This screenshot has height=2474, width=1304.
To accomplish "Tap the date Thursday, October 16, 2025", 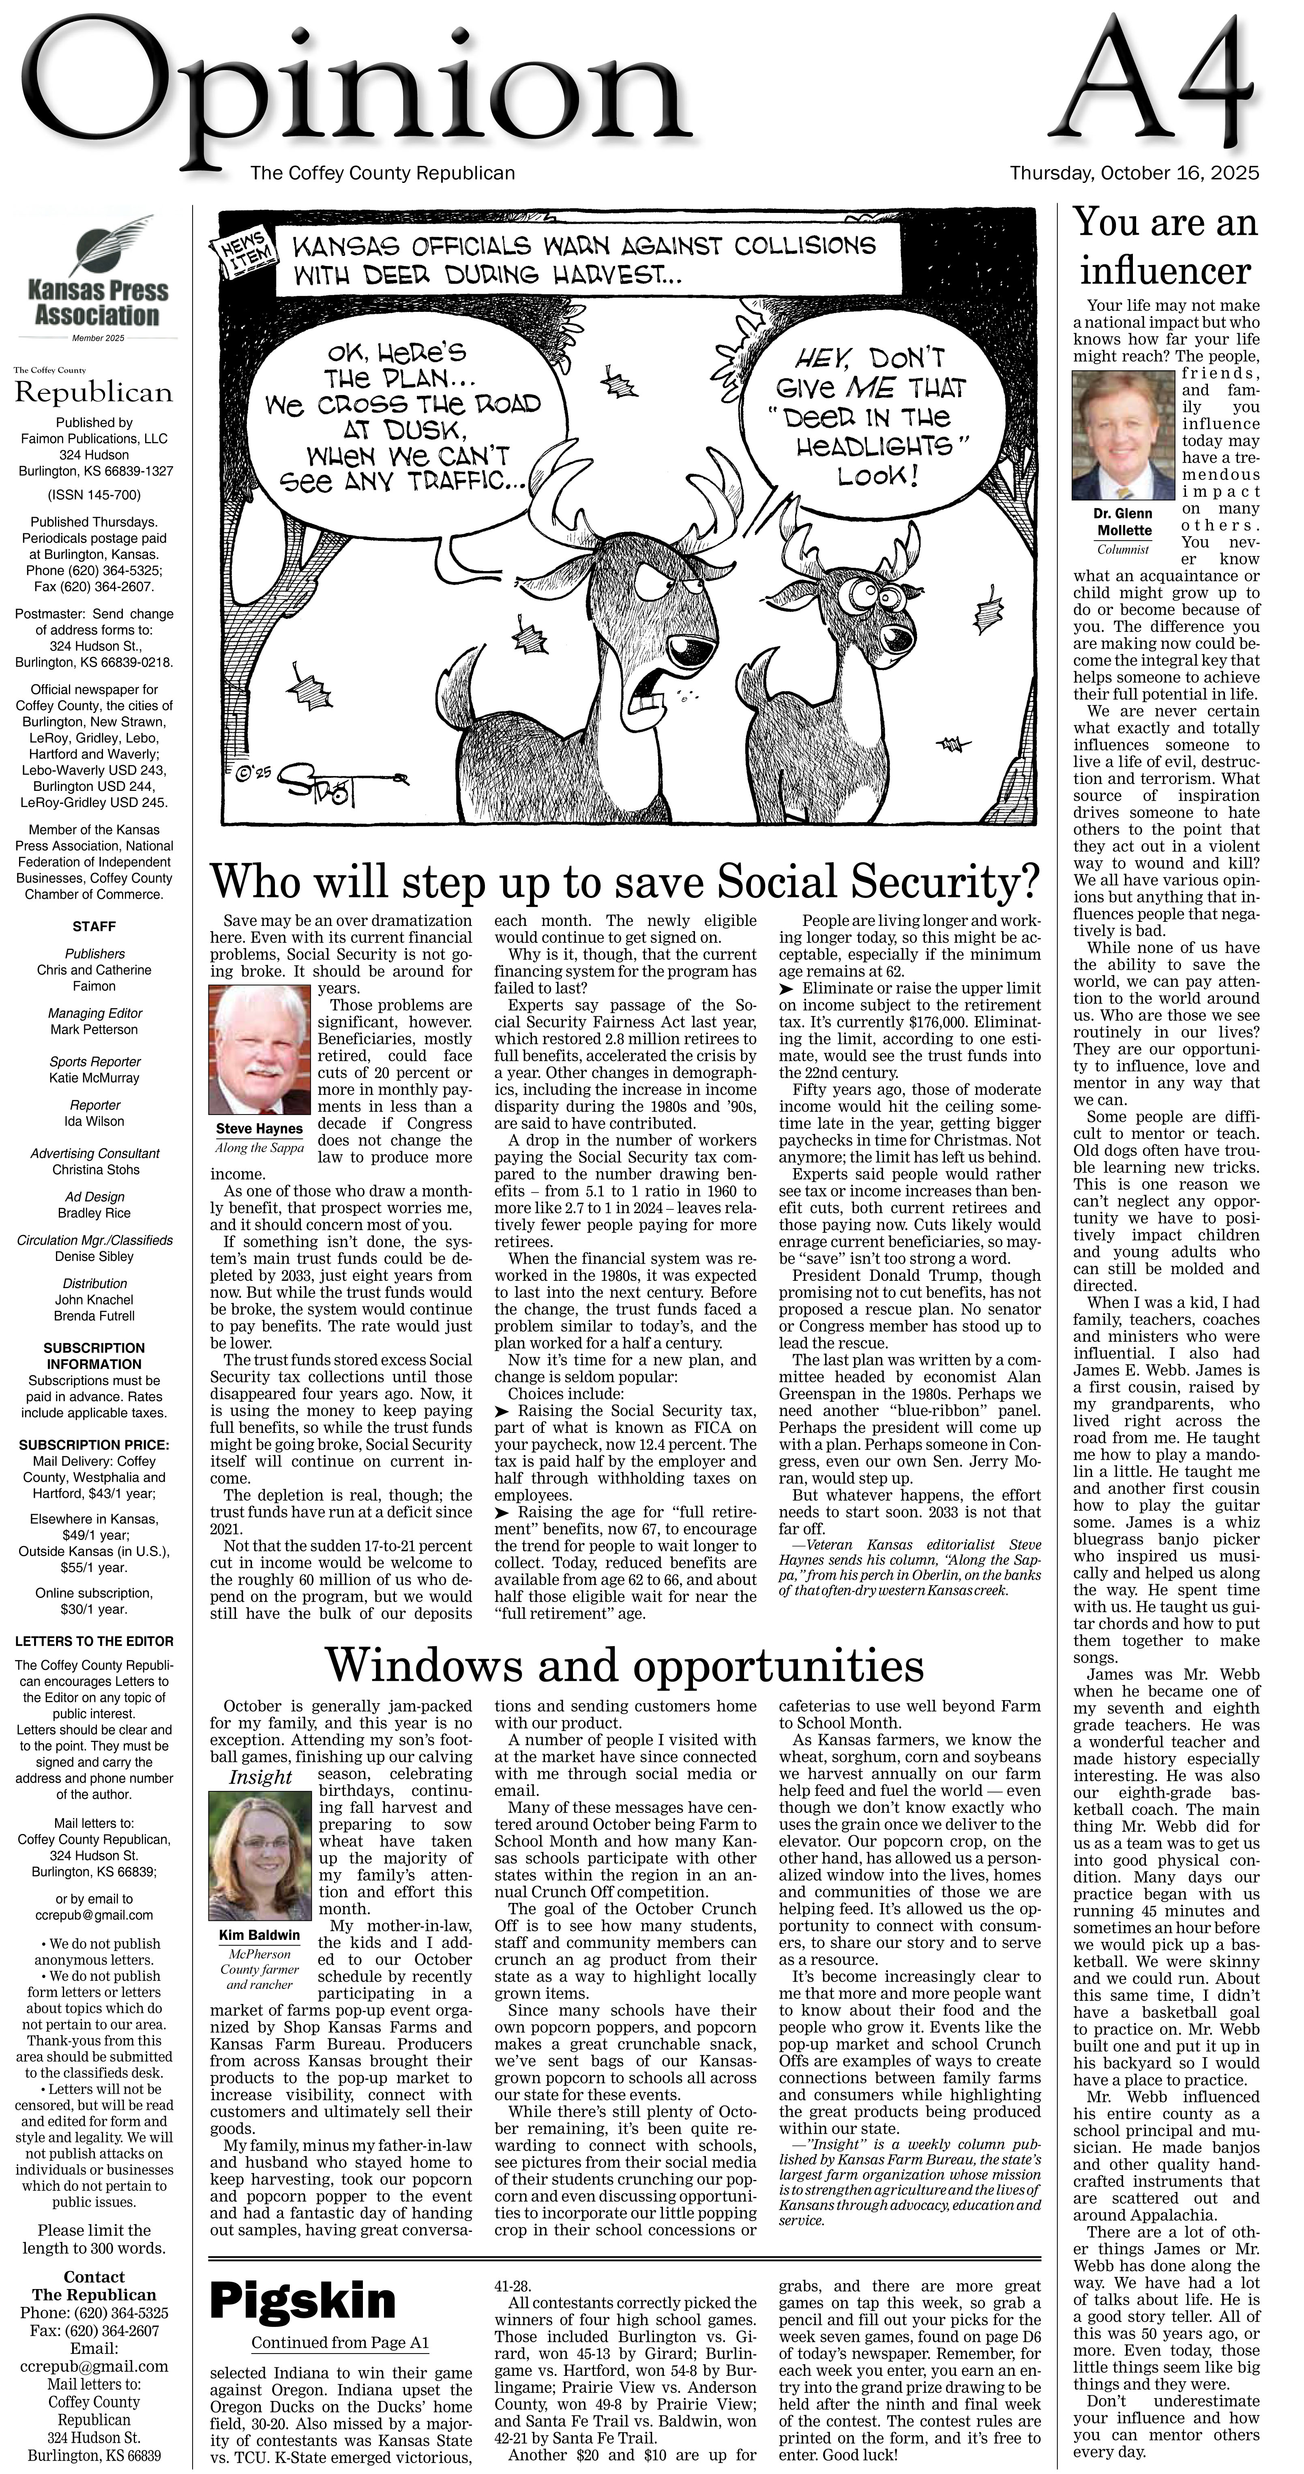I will [x=1134, y=174].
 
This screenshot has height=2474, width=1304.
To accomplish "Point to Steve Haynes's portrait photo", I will [x=259, y=1049].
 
